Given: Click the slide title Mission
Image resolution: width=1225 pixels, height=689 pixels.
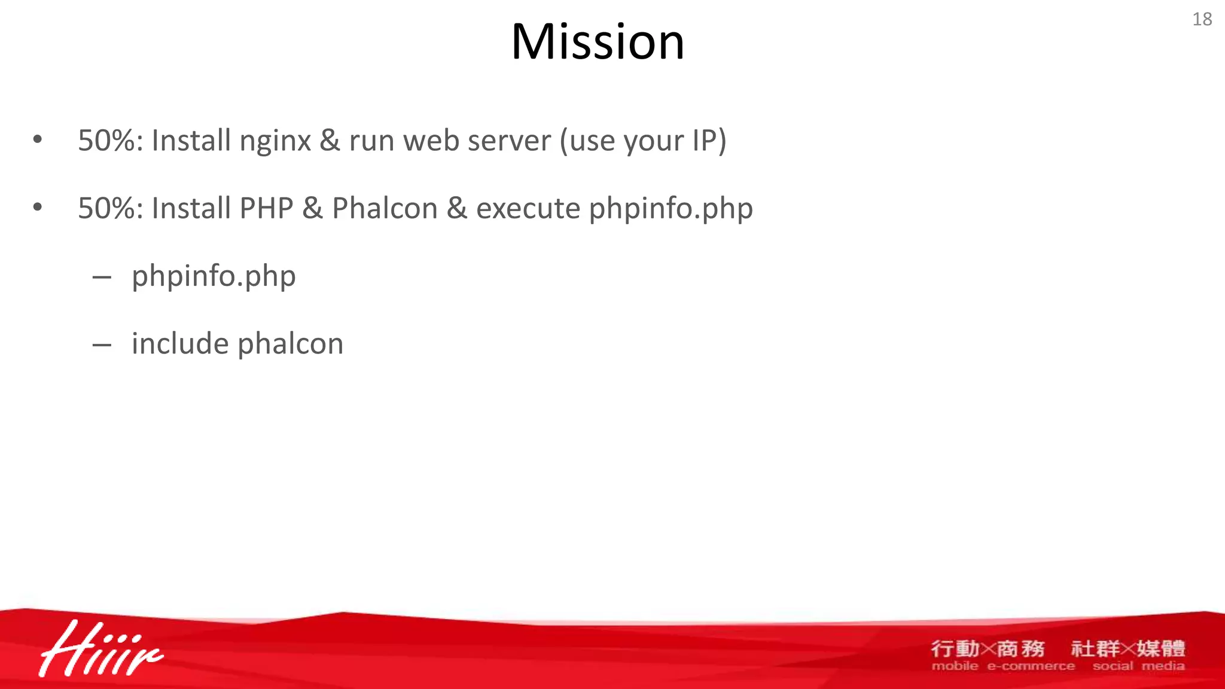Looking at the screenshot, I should coord(597,42).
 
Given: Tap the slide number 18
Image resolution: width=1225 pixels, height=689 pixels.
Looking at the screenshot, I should coord(1202,19).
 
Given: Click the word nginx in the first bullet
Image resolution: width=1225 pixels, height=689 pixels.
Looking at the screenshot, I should coord(275,142).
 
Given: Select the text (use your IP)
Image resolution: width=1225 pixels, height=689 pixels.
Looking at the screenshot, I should coord(643,142).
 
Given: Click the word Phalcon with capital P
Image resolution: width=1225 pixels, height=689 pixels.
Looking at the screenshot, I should coord(385,209).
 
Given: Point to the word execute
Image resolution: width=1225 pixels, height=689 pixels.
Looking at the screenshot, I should coord(528,209).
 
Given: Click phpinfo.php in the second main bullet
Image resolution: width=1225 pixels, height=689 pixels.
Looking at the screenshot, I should coord(671,209).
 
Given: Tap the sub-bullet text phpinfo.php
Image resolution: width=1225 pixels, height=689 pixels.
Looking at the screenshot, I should coord(214,276).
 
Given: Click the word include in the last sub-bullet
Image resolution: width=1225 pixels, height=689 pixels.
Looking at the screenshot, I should coord(180,344).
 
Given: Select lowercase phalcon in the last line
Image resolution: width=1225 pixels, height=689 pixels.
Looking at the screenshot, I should coord(291,344).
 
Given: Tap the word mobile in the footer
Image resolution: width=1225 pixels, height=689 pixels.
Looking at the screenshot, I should coord(955,666).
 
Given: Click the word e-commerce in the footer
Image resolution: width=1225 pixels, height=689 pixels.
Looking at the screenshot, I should coord(1031,666).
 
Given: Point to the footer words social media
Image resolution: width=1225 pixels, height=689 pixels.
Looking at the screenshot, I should coord(1138,666).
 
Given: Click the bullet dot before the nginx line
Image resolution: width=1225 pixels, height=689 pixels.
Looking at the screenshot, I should coord(38,141).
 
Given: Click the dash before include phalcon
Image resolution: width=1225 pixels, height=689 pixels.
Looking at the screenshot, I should coord(102,345).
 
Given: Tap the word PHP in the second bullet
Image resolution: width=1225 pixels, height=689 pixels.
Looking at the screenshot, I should coord(266,209).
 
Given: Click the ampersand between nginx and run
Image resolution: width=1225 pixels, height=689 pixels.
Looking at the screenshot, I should coord(330,142).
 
